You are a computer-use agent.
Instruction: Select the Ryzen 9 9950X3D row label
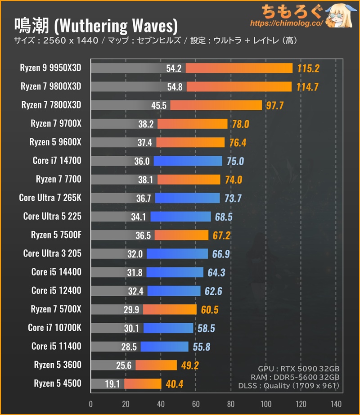click(x=51, y=68)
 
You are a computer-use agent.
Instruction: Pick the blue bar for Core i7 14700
click(x=188, y=161)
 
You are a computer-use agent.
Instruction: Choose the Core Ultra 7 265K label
click(x=50, y=198)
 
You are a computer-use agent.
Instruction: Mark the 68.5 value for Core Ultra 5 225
click(x=223, y=217)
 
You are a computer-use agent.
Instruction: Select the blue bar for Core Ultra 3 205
click(x=177, y=254)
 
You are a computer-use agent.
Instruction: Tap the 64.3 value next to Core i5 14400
click(x=216, y=272)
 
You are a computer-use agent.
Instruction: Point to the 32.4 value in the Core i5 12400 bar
click(x=135, y=291)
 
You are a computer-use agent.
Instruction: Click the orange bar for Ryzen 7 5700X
click(x=170, y=310)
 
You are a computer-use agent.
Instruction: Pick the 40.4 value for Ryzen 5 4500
click(x=173, y=384)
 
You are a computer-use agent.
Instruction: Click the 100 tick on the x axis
click(x=266, y=403)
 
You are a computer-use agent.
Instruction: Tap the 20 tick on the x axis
click(x=126, y=403)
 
